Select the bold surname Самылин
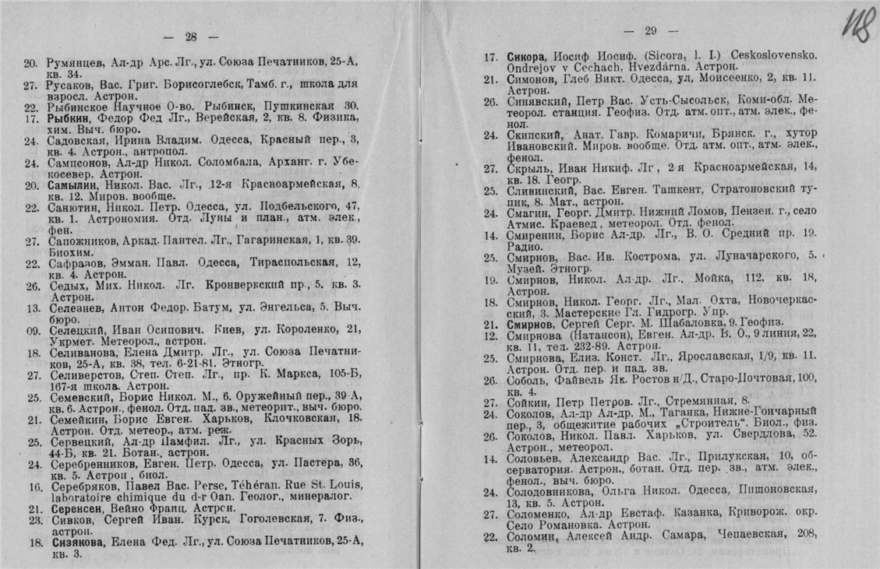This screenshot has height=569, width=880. [x=72, y=184]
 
